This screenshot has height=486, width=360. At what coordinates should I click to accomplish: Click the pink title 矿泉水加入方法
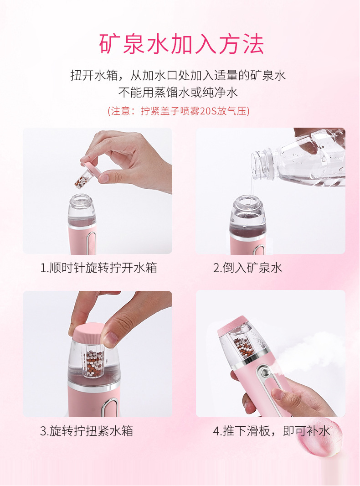coord(181,44)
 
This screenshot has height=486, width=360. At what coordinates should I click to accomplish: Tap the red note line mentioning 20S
coord(179,111)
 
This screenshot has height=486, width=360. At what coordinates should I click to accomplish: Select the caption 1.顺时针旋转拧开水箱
coord(98,268)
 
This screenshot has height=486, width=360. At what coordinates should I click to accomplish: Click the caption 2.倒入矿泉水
coord(247,268)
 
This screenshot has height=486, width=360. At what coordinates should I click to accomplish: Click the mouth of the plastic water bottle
coord(256,164)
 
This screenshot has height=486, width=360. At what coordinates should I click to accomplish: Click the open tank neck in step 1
coord(81,202)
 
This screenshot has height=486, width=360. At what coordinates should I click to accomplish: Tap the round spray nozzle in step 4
coord(265,372)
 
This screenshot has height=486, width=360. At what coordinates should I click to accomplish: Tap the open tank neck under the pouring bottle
coord(247,202)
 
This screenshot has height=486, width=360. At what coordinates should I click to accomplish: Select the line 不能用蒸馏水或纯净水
coord(178,92)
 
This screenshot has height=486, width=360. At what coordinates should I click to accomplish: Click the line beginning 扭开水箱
coord(178,75)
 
